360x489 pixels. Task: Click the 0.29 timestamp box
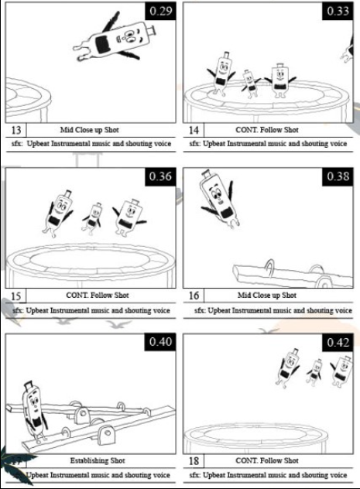[161, 12]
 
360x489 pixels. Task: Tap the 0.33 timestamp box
[338, 12]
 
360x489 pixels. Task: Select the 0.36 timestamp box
[161, 177]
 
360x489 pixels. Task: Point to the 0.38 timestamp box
[338, 177]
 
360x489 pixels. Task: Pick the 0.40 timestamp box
[160, 342]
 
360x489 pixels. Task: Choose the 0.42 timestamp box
[338, 343]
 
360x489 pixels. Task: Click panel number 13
[16, 130]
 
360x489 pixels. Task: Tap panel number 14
[194, 130]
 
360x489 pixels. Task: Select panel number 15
[16, 296]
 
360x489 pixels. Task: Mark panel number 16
[194, 296]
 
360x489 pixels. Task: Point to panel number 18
[194, 460]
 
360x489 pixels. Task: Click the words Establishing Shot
[98, 460]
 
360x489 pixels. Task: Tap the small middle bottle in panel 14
[251, 83]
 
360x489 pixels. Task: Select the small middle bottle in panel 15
[92, 218]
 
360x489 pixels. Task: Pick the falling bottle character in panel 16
[220, 200]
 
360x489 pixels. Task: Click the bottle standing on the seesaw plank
[34, 412]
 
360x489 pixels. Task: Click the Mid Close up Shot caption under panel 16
[267, 295]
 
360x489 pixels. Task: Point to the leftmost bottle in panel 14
[222, 74]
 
